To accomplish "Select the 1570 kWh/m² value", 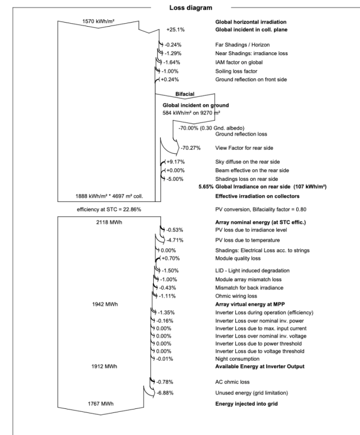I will point(98,21).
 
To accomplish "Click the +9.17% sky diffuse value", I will point(175,162).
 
